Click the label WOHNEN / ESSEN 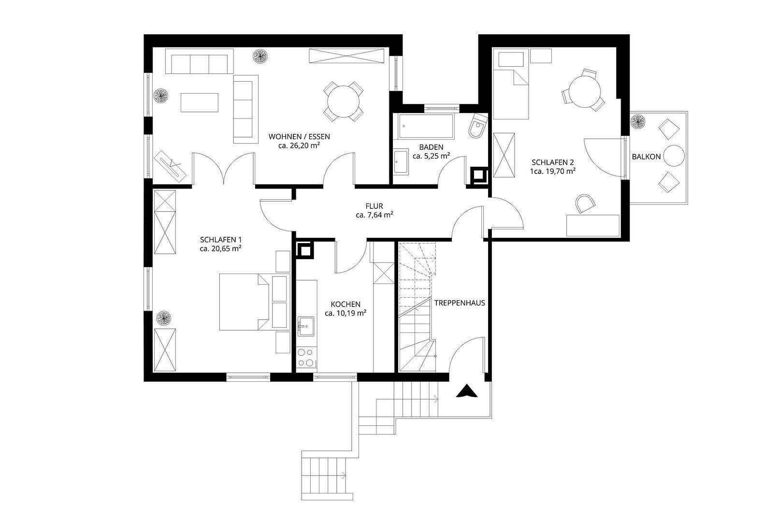click(299, 137)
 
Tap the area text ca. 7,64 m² click(374, 216)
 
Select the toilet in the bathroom click(477, 127)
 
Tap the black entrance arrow click(467, 391)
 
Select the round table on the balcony click(674, 156)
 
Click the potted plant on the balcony click(639, 121)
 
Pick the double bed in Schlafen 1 click(244, 302)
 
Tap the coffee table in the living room click(200, 102)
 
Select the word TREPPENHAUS click(459, 304)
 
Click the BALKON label click(646, 157)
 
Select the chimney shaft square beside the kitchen click(305, 251)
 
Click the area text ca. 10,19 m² click(345, 313)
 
